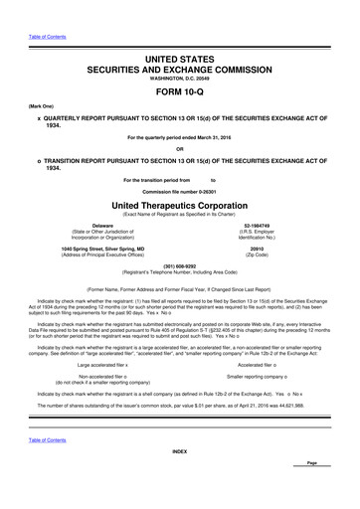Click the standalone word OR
coord(179,150)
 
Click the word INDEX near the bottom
coord(179,479)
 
